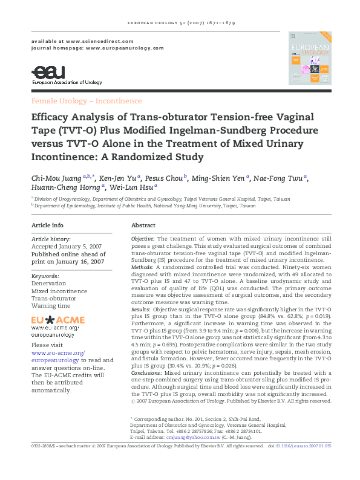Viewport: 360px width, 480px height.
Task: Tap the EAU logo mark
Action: point(45,73)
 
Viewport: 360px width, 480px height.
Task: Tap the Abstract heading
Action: point(143,225)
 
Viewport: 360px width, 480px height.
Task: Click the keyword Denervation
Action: point(49,283)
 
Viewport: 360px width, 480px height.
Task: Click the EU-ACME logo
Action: point(58,320)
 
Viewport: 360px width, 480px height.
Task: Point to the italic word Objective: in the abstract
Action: point(143,240)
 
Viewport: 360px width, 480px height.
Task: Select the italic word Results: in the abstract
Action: point(141,309)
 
